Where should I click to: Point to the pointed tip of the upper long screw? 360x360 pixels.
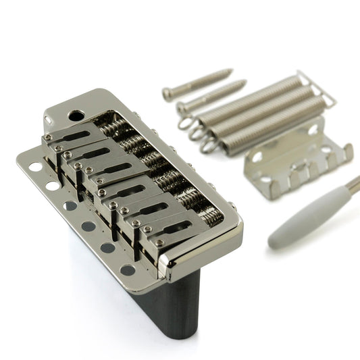pyautogui.click(x=231, y=69)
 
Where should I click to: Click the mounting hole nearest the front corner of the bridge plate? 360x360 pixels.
pyautogui.click(x=128, y=269)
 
